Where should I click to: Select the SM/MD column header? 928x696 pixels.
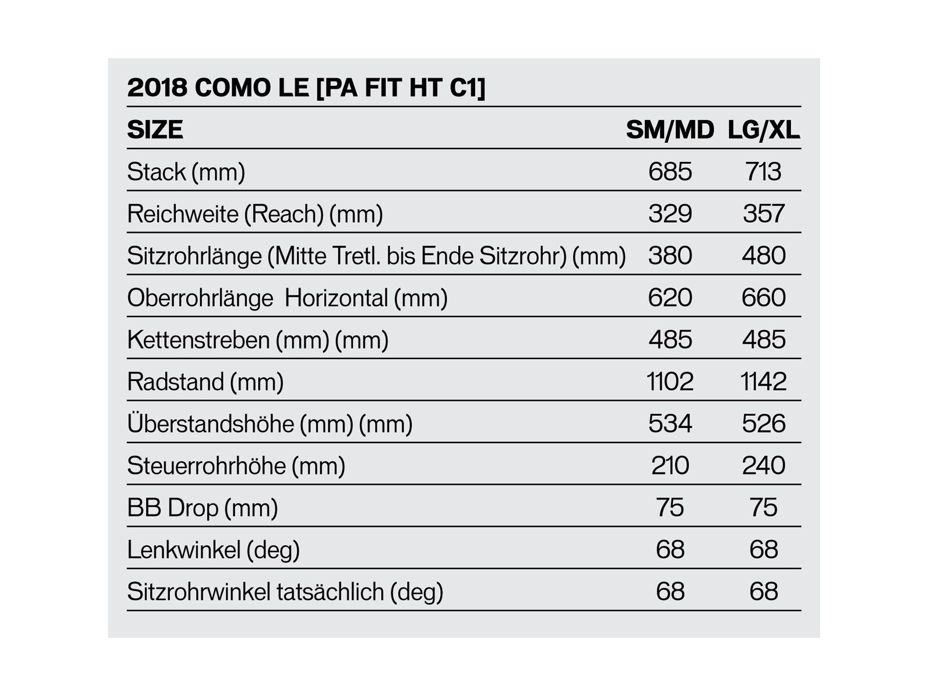coord(670,130)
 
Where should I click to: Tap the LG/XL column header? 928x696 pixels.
coord(764,130)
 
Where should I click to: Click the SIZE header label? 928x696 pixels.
coord(155,130)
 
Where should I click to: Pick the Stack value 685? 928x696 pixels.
coord(670,172)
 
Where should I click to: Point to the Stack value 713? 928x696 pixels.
coord(763,172)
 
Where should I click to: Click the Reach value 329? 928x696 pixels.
coord(670,213)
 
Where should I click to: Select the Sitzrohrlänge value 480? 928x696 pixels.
coord(763,256)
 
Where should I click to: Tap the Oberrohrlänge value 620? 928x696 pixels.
coord(670,298)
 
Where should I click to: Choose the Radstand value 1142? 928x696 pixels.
coord(763,382)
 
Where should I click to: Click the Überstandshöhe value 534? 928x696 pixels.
coord(670,423)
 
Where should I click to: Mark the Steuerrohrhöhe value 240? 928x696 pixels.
coord(763,466)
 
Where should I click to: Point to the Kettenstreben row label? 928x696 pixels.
coord(258,340)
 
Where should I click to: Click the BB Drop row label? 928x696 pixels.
coord(202,508)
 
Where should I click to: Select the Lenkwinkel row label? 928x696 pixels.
coord(213,550)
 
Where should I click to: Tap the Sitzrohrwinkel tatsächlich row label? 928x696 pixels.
coord(285,592)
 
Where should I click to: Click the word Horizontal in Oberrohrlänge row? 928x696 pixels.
coord(336,298)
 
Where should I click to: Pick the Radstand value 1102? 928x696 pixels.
coord(670,382)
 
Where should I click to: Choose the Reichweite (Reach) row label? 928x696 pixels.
coord(255,214)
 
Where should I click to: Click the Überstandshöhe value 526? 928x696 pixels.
coord(763,423)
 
